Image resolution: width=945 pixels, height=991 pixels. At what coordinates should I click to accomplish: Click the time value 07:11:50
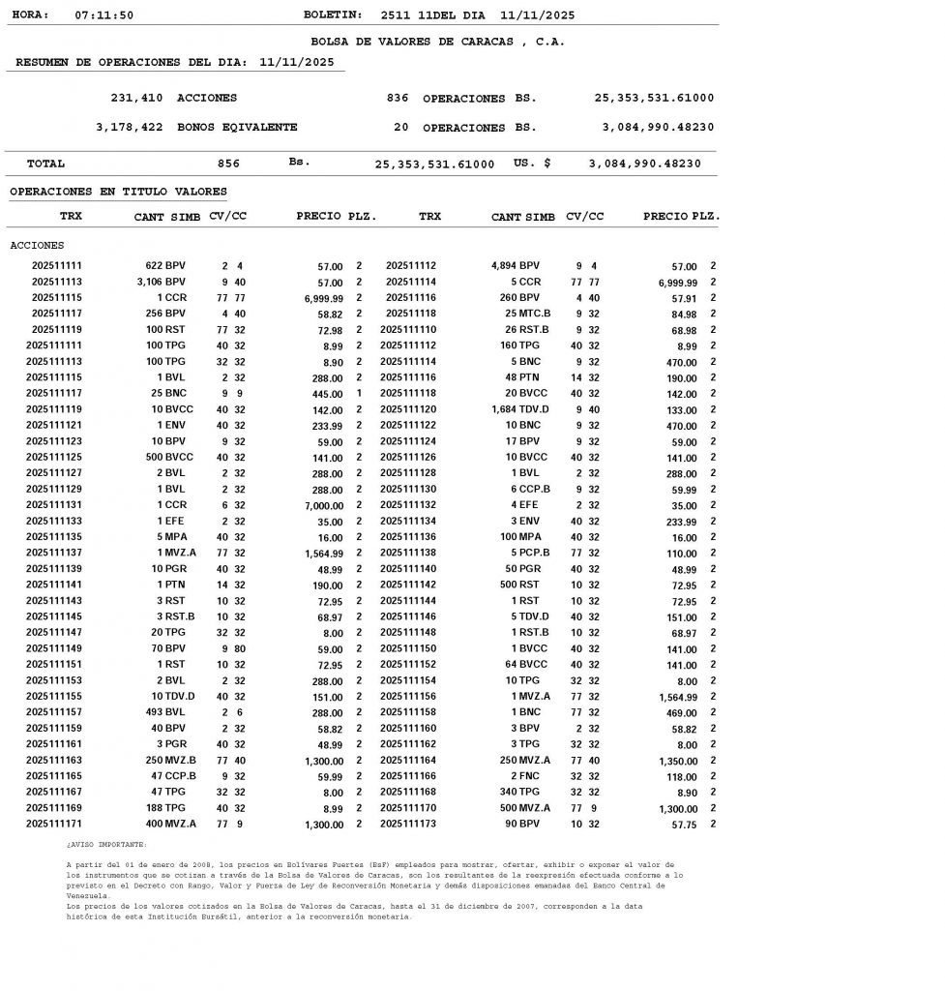pos(104,15)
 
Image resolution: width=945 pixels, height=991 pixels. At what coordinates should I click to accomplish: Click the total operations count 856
pos(228,165)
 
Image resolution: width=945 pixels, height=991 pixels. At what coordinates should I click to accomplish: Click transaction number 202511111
pos(57,266)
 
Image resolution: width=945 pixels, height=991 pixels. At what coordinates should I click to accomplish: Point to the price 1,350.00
pos(672,761)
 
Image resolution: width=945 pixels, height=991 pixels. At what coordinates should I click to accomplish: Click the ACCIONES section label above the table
pos(37,246)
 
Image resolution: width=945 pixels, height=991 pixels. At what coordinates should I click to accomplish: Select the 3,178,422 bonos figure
pos(130,128)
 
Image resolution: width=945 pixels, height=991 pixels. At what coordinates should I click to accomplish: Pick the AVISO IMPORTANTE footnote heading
pos(106,845)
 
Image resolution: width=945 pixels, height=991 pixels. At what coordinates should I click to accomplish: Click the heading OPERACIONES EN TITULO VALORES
pos(118,193)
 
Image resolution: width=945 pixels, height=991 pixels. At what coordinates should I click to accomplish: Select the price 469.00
pos(681,713)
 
